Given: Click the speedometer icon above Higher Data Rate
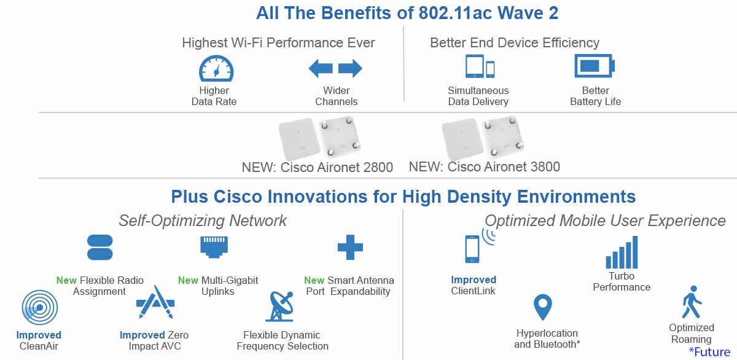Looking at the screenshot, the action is (x=216, y=68).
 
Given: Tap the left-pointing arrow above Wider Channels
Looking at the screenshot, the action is (x=321, y=68).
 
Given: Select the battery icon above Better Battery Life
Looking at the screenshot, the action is (x=595, y=66).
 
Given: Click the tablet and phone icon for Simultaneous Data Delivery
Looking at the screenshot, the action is (x=480, y=66).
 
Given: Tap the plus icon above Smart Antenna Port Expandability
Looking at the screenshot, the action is (x=350, y=247).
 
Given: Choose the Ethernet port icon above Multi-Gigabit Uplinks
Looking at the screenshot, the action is (x=214, y=247).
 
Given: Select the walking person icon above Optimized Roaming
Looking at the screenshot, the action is (x=692, y=302).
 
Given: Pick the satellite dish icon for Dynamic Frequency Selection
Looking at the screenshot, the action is (x=280, y=307).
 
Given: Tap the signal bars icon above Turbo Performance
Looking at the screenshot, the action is (x=622, y=252).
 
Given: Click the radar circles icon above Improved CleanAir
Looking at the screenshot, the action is (x=40, y=308).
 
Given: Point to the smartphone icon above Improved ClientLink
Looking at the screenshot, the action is (x=472, y=249).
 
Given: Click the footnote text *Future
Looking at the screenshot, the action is (x=709, y=352).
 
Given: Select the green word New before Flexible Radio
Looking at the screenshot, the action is (x=66, y=280).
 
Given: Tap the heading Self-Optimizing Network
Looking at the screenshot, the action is (x=203, y=221).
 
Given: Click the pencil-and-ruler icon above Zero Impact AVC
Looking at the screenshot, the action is (x=155, y=302).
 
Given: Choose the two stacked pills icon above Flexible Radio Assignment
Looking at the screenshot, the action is (x=100, y=247).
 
